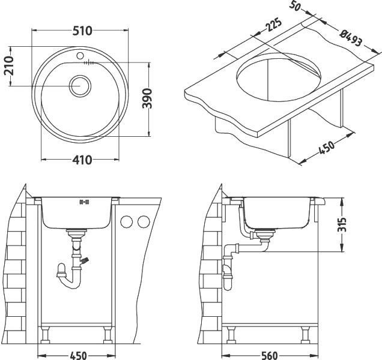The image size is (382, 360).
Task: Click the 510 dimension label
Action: (x=83, y=31)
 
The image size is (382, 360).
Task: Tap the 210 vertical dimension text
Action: (x=8, y=66)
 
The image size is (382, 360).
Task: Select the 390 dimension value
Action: (x=147, y=98)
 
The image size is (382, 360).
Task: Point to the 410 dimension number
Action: (x=82, y=160)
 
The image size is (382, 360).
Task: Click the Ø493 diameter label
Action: (x=351, y=38)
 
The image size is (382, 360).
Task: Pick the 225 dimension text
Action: (x=273, y=25)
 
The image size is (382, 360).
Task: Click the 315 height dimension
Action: (x=342, y=224)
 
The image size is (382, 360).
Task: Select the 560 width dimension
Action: (x=269, y=356)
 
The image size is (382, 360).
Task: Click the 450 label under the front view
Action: (x=78, y=356)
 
